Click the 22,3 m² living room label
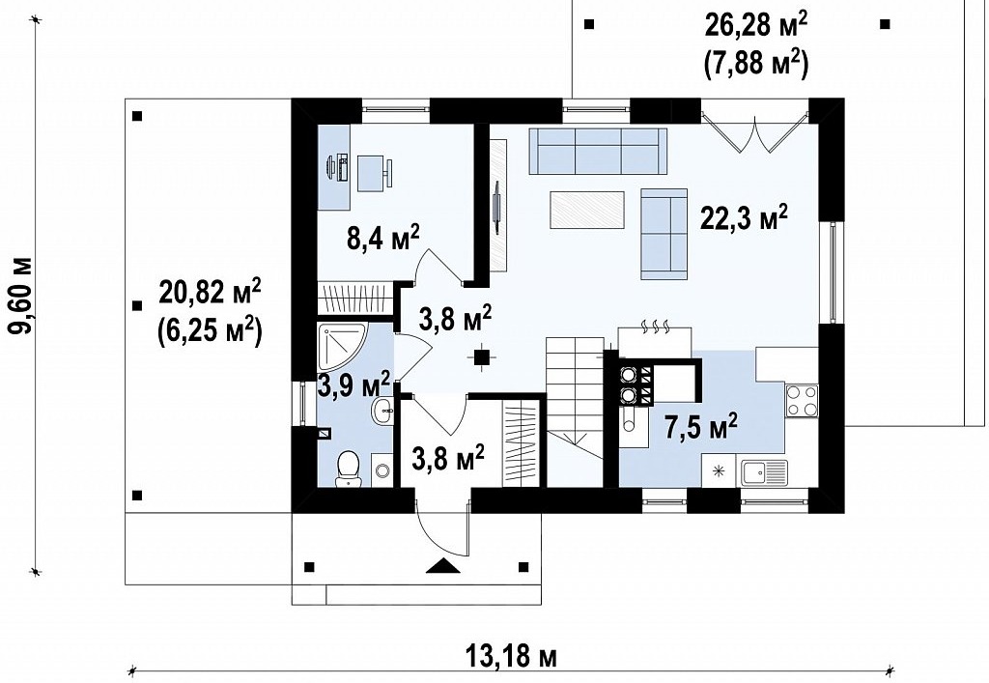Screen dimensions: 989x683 (x=744, y=219)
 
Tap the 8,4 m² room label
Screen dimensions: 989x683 (x=382, y=238)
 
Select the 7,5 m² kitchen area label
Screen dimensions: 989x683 (x=701, y=428)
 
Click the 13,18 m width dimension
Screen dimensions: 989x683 (x=512, y=657)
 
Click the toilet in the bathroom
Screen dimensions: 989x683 (x=348, y=470)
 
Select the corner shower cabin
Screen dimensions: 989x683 (x=339, y=346)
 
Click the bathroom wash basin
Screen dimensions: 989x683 (x=382, y=413)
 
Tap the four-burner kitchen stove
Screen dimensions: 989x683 (x=801, y=401)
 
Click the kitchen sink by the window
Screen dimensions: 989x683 (x=765, y=472)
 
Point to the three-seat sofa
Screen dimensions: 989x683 (x=598, y=152)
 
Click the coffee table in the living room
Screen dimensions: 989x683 (x=587, y=210)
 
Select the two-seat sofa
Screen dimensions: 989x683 (x=664, y=234)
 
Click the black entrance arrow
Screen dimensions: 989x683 (x=444, y=566)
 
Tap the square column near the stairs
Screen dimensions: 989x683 (x=481, y=357)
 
